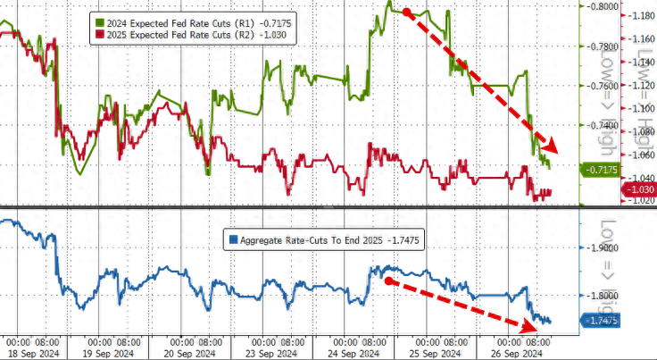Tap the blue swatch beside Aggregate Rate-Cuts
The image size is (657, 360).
point(233,239)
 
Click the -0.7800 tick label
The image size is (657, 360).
point(599,46)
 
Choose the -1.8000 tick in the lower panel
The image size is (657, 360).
point(601,296)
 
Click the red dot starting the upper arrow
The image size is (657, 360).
point(407,13)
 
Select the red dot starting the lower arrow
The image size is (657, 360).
point(389,280)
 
